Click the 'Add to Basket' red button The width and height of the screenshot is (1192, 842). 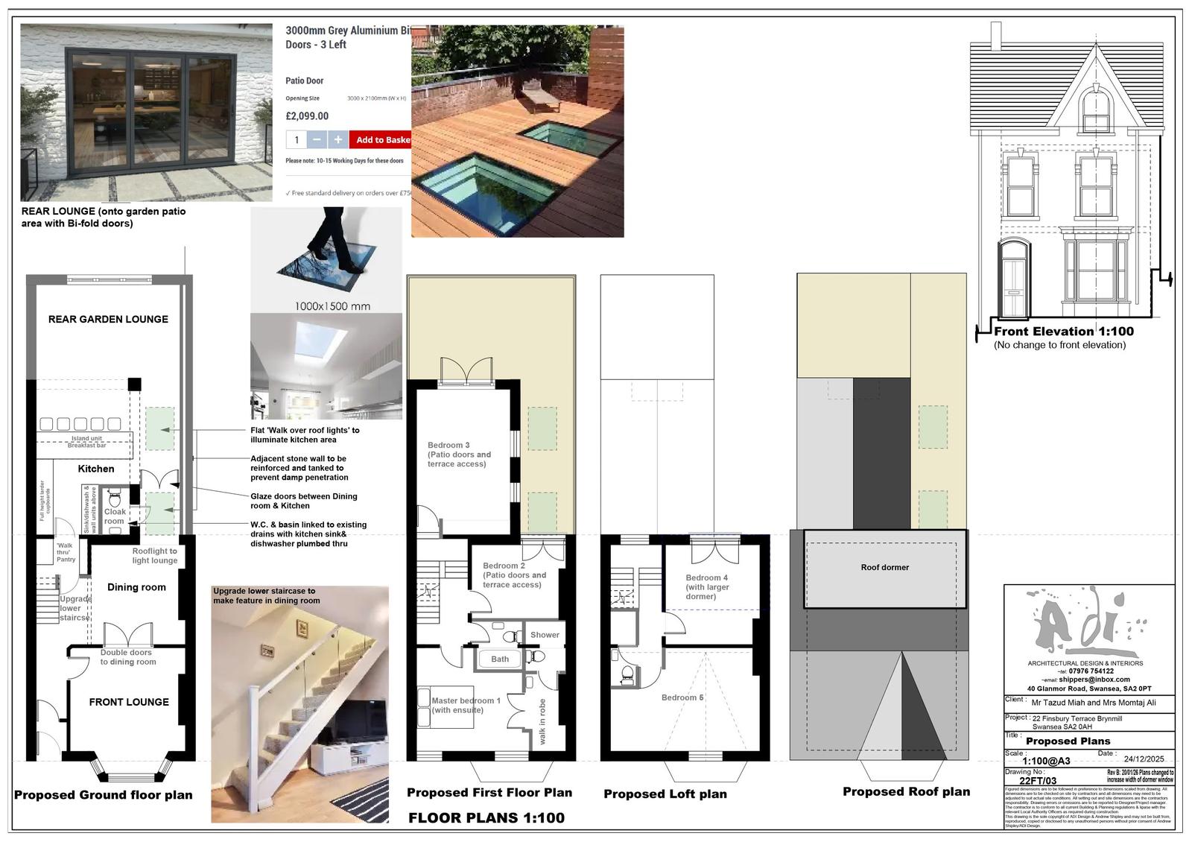[x=381, y=140]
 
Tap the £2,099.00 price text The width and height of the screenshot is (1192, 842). [x=307, y=116]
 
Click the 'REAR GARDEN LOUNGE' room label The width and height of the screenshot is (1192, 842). [x=108, y=320]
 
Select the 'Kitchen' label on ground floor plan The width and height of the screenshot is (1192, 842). [x=96, y=469]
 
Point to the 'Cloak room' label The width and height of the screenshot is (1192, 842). [x=115, y=516]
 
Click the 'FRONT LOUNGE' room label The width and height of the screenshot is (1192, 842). [x=129, y=702]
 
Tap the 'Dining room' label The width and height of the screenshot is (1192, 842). [x=136, y=587]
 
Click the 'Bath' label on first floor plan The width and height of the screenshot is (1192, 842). [x=500, y=659]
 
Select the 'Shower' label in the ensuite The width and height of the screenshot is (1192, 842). [x=545, y=635]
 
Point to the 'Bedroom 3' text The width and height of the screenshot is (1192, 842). [x=448, y=446]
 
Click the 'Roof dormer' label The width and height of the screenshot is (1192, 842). [x=884, y=568]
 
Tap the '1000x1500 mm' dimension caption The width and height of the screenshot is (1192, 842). [x=332, y=306]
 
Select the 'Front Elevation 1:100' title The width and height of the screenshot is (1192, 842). [x=1064, y=332]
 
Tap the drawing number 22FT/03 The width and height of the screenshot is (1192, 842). [x=1038, y=781]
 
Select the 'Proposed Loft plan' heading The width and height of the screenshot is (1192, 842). [x=665, y=794]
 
